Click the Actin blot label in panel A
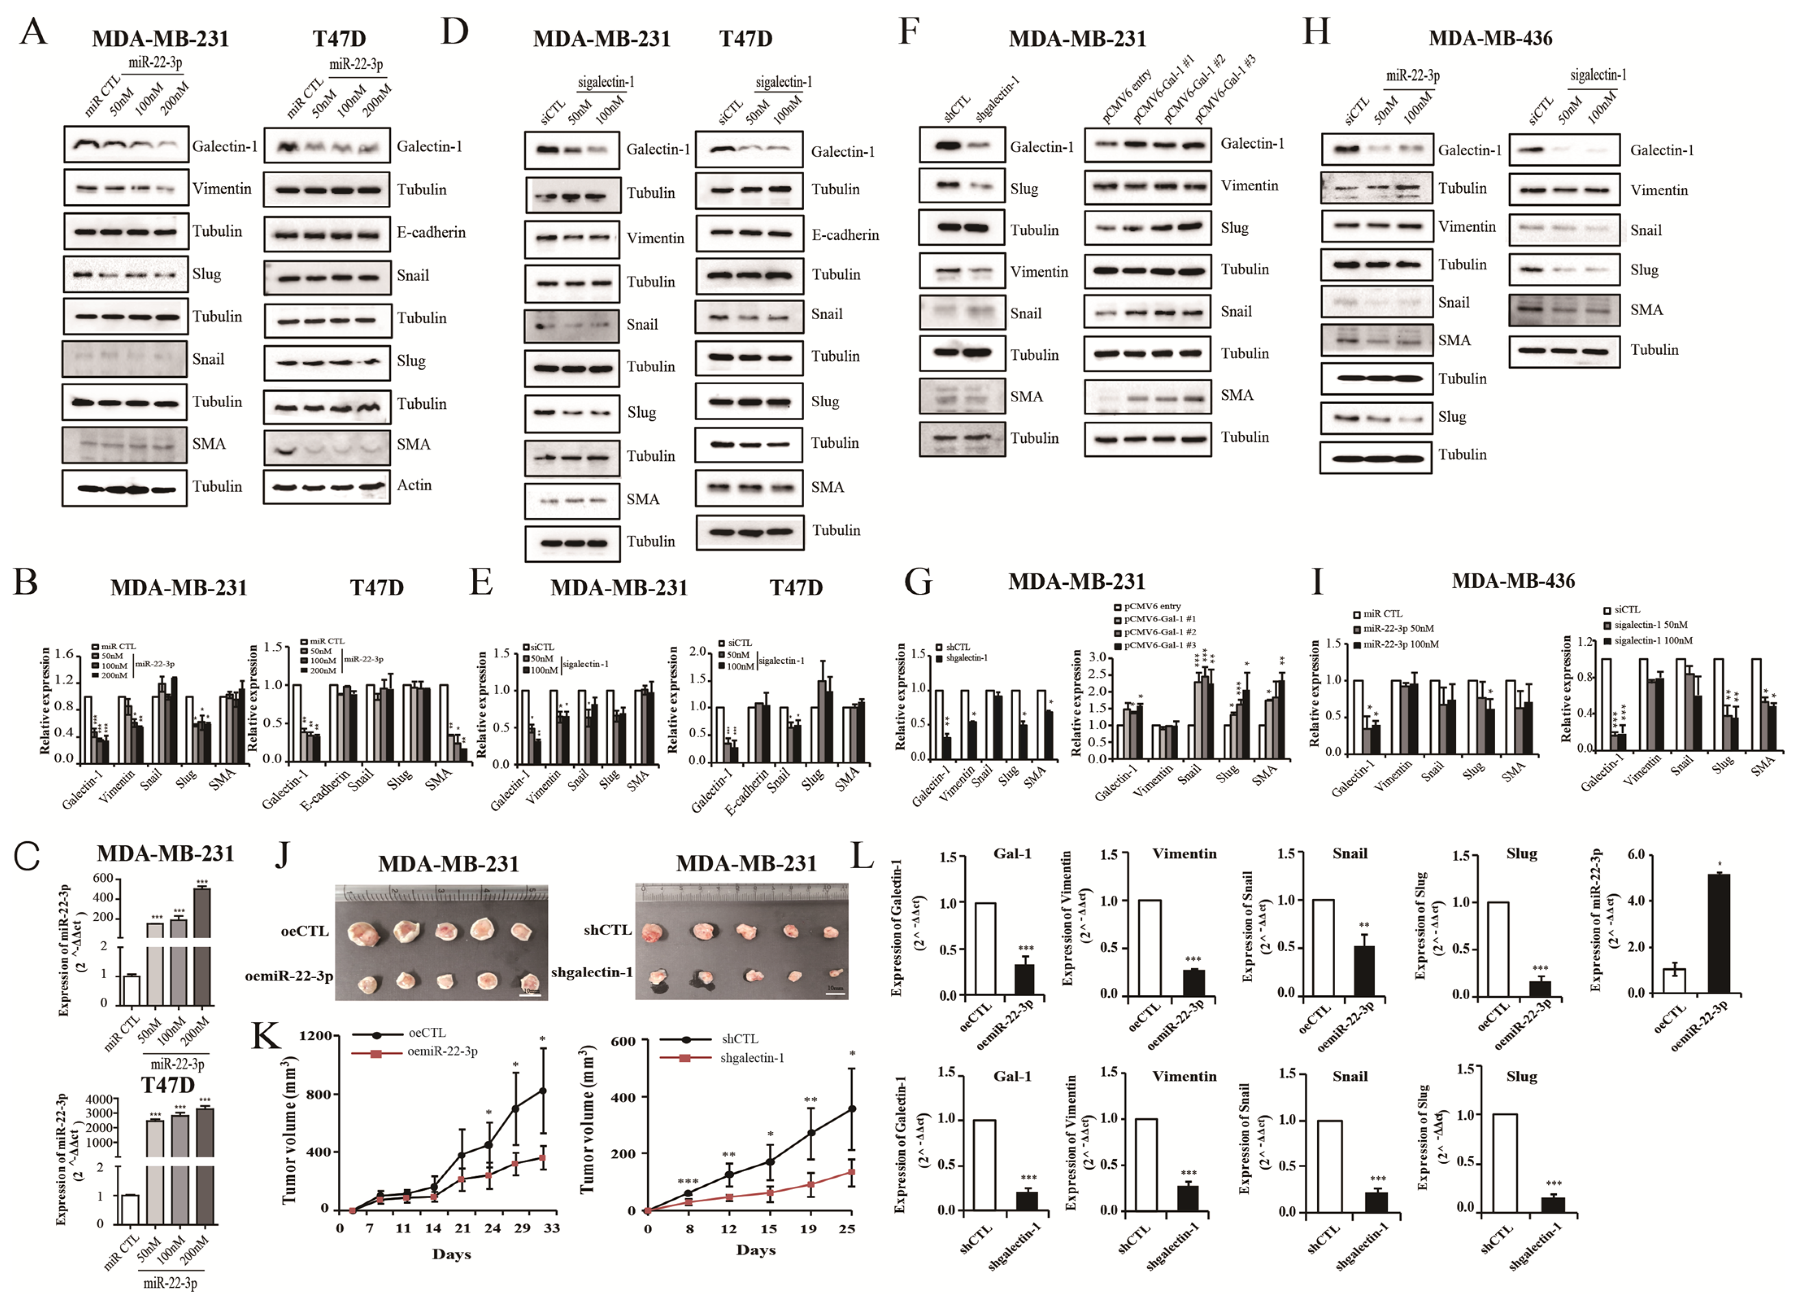coord(414,485)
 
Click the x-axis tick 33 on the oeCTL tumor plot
coord(551,1228)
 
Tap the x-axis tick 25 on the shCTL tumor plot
coord(847,1229)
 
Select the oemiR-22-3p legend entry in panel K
coord(442,1052)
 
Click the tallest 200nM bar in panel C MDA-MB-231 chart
coord(202,912)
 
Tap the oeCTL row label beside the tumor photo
coord(305,931)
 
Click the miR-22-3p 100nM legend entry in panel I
coord(1400,644)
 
